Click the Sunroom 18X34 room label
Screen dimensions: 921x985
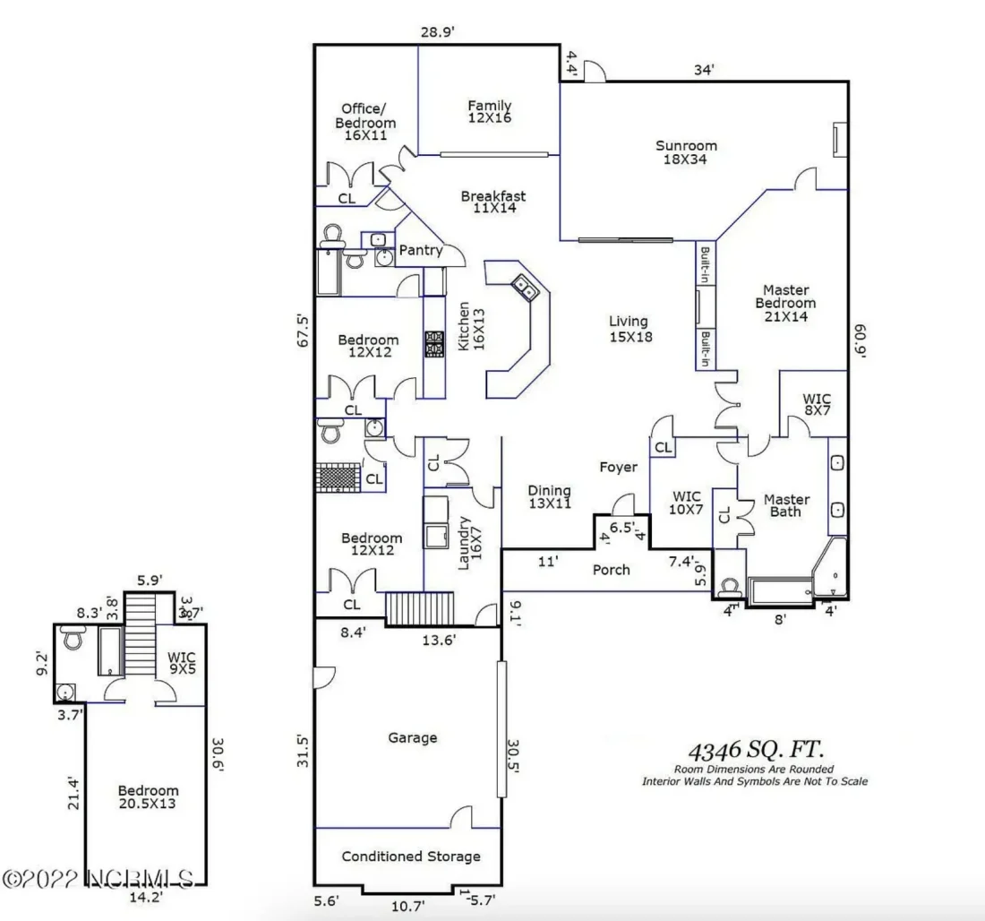[686, 152]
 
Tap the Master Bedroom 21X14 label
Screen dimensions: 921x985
[785, 303]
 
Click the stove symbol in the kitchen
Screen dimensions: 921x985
[434, 343]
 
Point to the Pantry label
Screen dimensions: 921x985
[420, 251]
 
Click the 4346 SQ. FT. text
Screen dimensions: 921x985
[756, 749]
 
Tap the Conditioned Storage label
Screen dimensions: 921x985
[411, 856]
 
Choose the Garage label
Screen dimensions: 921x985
[413, 738]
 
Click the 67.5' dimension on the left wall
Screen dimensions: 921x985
[303, 330]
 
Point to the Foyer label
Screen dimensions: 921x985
[618, 467]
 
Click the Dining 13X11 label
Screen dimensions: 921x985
[549, 497]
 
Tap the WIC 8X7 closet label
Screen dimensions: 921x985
[817, 403]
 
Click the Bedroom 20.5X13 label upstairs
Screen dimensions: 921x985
[148, 797]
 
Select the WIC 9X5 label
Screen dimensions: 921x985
[182, 663]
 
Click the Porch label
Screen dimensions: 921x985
[612, 570]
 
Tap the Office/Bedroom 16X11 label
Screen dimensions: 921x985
[365, 122]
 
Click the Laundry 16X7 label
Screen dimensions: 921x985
[469, 542]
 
